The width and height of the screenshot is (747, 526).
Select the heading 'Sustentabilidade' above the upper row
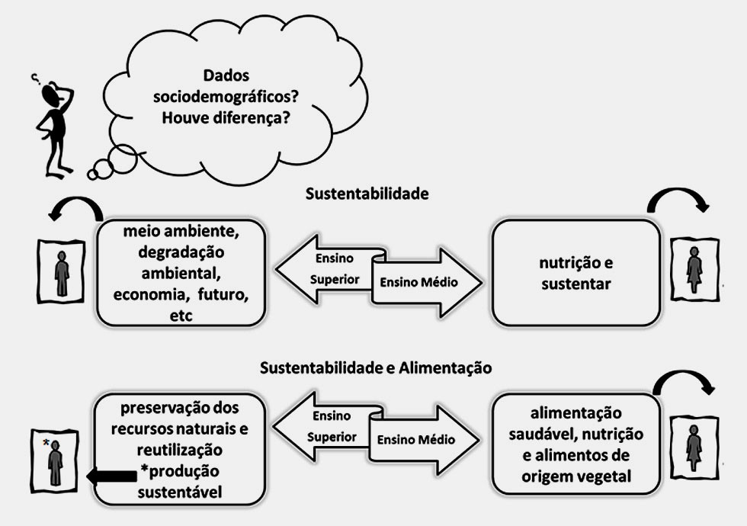tap(367, 194)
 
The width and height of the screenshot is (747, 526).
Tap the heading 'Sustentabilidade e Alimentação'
tap(376, 368)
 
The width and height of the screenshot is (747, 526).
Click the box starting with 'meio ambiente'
tap(181, 272)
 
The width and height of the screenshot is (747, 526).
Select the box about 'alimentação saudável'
tap(575, 445)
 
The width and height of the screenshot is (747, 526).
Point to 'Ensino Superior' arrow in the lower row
tap(324, 427)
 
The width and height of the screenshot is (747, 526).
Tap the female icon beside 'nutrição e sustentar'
tap(694, 271)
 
